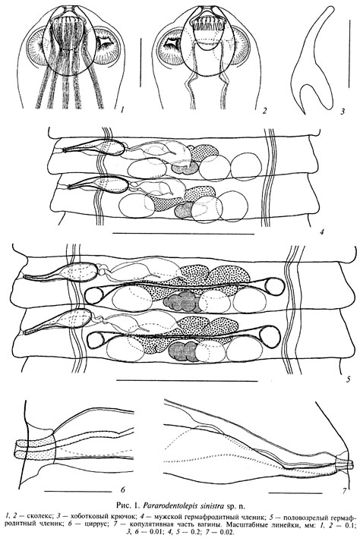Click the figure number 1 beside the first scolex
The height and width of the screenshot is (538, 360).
[x=122, y=110]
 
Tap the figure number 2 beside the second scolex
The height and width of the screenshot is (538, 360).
[x=264, y=110]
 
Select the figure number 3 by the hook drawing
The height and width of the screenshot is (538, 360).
[x=343, y=111]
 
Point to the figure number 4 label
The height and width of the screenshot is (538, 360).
[x=322, y=232]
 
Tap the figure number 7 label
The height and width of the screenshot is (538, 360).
[x=344, y=492]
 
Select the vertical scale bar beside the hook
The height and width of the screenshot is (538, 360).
[x=349, y=53]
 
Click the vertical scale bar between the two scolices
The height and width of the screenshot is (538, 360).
[x=141, y=62]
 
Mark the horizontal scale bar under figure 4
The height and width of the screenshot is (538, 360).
[x=183, y=234]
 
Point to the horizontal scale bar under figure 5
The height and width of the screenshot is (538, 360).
[x=187, y=380]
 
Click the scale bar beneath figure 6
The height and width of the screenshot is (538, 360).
[x=73, y=492]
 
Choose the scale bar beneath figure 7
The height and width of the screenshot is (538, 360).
[x=295, y=493]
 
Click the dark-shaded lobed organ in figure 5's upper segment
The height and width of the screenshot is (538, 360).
[x=182, y=302]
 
